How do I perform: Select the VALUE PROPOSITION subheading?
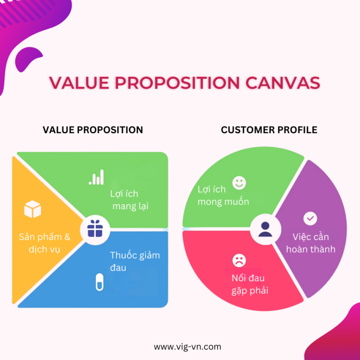(93, 130)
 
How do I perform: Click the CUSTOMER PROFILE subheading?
(269, 130)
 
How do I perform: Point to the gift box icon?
(95, 229)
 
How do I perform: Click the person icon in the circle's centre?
(265, 229)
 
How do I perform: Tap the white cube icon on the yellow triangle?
(33, 209)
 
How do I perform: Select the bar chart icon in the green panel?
(97, 178)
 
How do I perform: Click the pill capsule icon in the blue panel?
(99, 281)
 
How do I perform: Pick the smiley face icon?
(239, 182)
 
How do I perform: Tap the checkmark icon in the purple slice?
(310, 218)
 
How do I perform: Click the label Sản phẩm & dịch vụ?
(45, 243)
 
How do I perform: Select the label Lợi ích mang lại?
(129, 200)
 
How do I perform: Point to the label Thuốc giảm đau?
(135, 261)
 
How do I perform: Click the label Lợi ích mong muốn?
(223, 195)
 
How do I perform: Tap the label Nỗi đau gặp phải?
(249, 284)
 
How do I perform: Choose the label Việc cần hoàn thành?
(311, 243)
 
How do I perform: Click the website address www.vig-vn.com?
(187, 347)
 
